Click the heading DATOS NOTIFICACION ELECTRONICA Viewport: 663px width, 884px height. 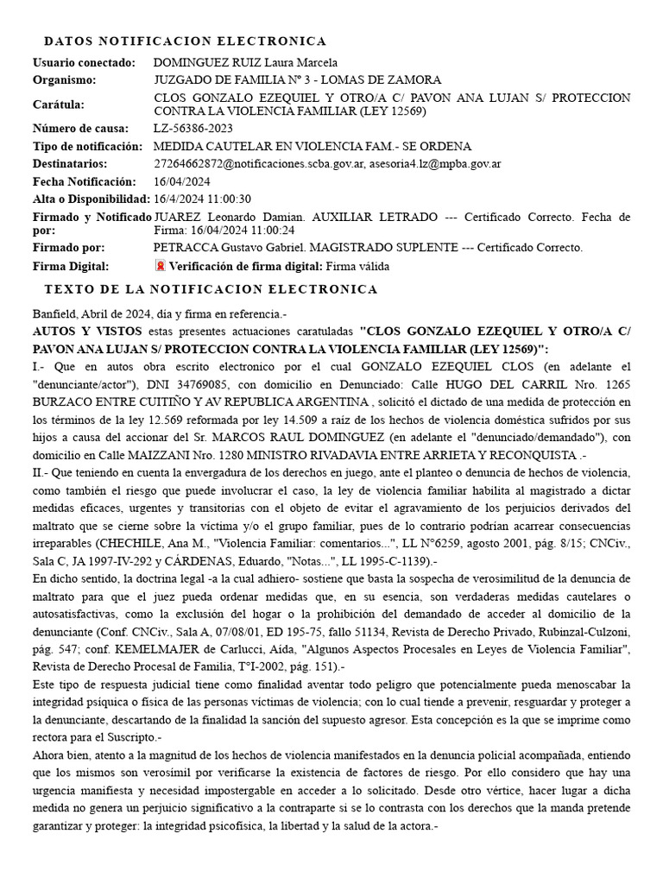pos(185,41)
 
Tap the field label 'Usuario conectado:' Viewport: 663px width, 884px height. pos(85,62)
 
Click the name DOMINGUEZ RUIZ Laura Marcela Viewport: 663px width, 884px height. pos(245,62)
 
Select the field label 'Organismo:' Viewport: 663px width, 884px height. pos(65,80)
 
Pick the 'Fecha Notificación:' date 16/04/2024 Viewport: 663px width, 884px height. pos(180,181)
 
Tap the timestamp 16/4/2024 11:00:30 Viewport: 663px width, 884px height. pos(202,199)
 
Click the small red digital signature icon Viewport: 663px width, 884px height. pos(160,266)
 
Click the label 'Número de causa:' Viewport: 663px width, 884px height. pos(80,129)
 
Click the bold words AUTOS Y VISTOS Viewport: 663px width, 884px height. pos(88,330)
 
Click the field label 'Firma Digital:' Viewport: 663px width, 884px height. pos(71,266)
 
